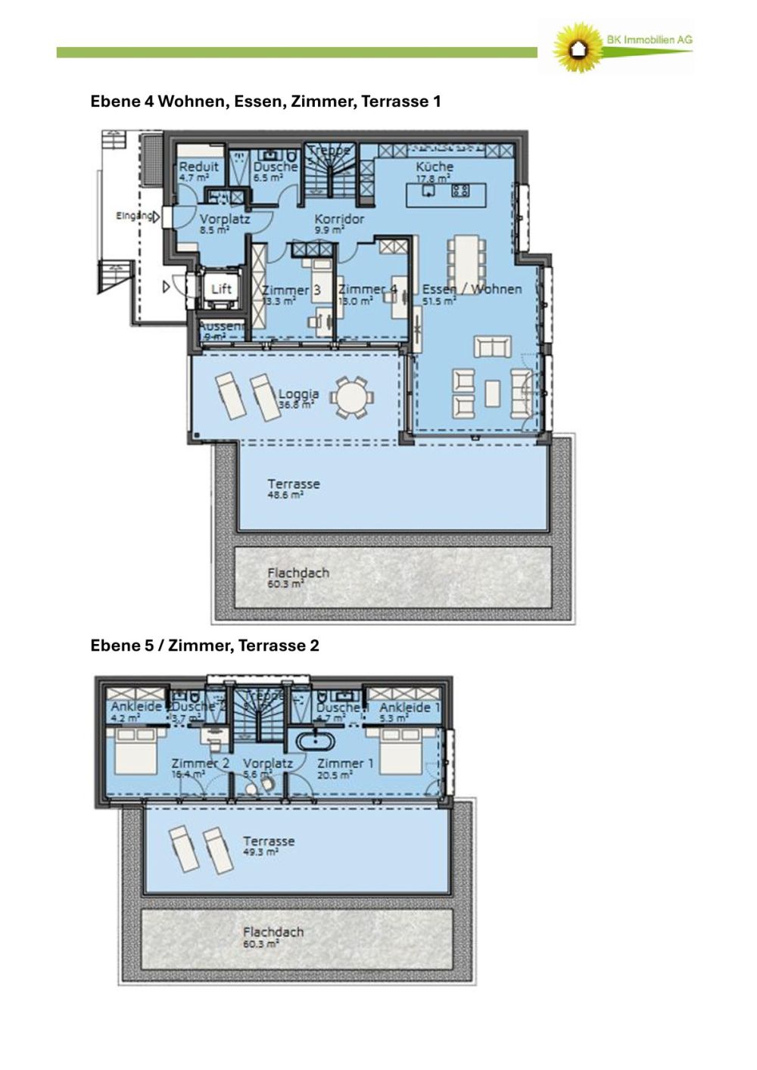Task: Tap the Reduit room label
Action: [x=198, y=166]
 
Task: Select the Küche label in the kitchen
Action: [x=435, y=166]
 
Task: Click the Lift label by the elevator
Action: [x=221, y=289]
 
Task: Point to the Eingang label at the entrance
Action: [x=133, y=216]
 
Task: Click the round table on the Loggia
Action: [x=353, y=397]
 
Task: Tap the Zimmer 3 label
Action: [x=291, y=290]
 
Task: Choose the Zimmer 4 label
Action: [x=367, y=289]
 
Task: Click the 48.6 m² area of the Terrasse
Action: [x=285, y=495]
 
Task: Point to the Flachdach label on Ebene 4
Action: [x=298, y=573]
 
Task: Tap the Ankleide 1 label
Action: [x=410, y=707]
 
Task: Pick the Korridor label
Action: [x=339, y=219]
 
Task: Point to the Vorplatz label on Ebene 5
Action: [x=267, y=764]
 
